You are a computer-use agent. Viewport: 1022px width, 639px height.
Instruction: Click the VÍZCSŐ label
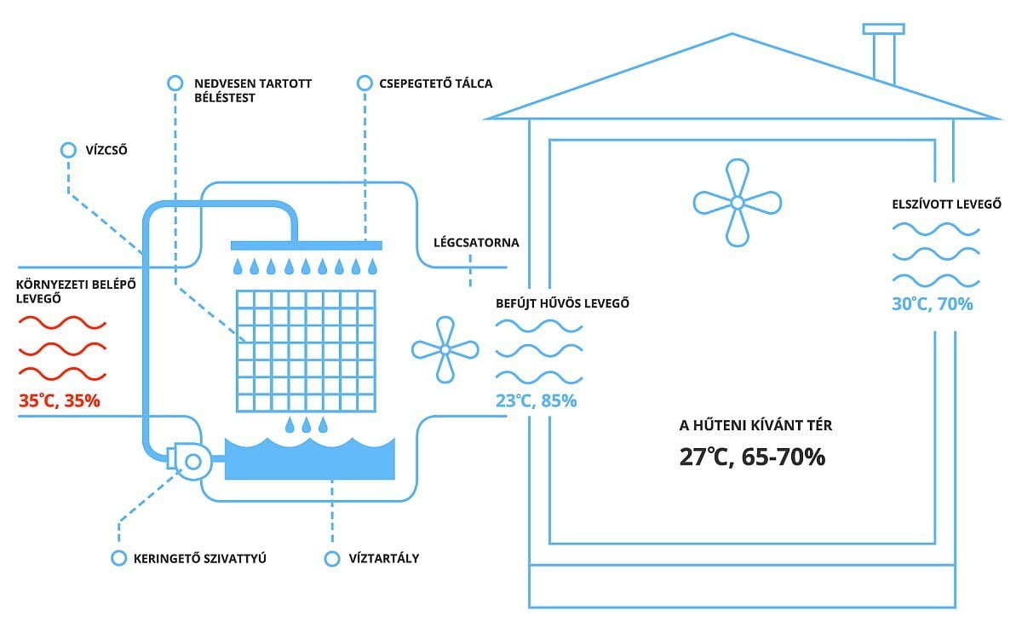coord(106,150)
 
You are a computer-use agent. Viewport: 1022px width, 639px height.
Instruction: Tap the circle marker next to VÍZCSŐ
coord(68,150)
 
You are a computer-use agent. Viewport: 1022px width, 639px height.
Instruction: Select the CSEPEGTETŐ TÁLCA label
coord(436,83)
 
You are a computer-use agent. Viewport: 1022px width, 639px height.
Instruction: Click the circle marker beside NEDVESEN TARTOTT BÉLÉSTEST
coord(175,83)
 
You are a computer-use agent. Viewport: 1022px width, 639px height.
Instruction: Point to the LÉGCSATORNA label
coord(476,242)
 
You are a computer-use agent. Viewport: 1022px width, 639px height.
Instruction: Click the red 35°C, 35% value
coord(60,400)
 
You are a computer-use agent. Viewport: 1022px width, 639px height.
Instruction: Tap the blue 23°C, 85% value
coord(536,400)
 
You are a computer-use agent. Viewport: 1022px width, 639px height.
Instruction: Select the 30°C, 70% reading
coord(932,304)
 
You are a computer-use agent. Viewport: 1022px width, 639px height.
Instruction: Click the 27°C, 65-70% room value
coord(752,457)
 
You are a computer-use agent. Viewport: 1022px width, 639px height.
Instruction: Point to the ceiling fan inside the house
coord(738,203)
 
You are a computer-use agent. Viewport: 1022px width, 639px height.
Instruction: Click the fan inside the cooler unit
coord(445,350)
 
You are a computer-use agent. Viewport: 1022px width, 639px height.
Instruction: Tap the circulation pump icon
coord(189,461)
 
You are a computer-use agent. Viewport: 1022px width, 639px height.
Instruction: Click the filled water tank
coord(310,459)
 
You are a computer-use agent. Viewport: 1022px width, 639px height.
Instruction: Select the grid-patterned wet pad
coord(306,351)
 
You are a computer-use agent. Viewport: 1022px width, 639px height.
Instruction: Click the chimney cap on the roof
coord(883,29)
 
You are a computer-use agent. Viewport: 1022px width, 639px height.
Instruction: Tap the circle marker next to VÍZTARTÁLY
coord(332,559)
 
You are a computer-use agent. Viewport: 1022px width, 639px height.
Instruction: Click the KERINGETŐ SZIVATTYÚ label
coord(200,559)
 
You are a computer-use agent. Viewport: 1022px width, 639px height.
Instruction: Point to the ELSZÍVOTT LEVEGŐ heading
coord(947,204)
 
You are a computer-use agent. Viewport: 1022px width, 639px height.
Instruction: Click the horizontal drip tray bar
coord(306,245)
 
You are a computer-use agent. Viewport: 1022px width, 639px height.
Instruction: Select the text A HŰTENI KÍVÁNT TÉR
coord(755,425)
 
